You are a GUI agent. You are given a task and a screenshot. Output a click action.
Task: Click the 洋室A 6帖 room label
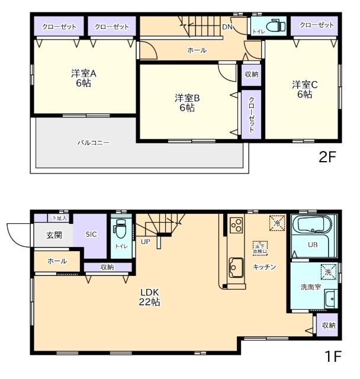(83, 78)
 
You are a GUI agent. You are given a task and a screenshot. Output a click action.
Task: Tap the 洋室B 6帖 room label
(187, 102)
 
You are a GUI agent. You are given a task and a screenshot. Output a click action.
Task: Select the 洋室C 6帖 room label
(304, 89)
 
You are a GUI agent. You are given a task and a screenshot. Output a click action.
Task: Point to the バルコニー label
(94, 143)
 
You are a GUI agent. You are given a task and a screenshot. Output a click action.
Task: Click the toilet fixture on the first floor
(121, 228)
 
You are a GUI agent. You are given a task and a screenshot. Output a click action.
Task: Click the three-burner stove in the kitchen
(236, 226)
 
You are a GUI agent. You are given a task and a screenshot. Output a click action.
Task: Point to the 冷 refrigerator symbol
(276, 223)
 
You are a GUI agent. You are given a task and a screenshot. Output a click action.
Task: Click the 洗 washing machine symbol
(328, 272)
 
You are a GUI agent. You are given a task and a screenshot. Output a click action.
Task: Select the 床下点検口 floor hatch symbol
(259, 248)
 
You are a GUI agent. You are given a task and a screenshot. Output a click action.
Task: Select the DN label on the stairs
(227, 27)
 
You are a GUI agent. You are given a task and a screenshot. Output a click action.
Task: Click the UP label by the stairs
(145, 242)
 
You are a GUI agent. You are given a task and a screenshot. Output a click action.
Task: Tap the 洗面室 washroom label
(310, 287)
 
